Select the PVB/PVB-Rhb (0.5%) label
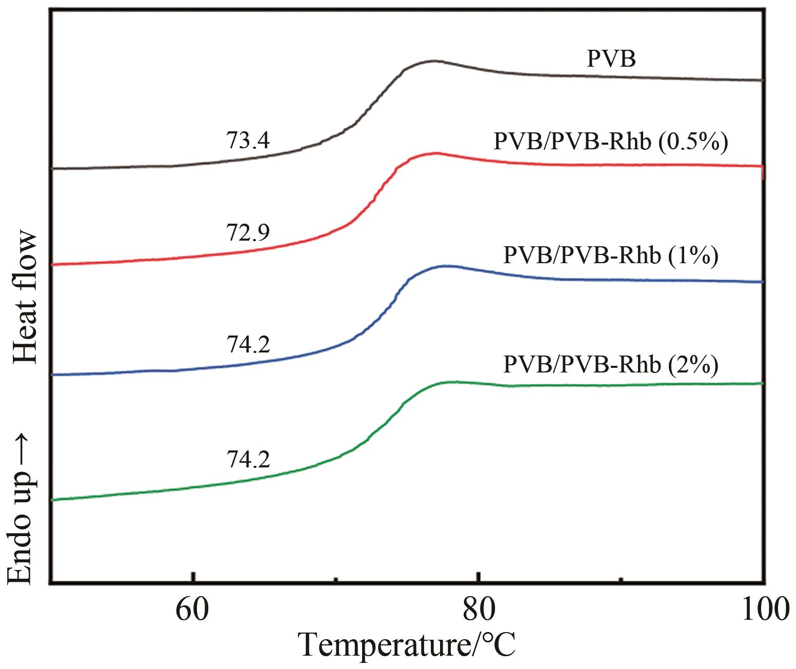point(610,142)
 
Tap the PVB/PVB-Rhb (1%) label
point(610,255)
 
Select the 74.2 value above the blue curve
point(248,345)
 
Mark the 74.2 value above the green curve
point(248,460)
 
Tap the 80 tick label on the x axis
point(478,610)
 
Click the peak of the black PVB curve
point(433,61)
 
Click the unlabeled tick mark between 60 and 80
point(336,580)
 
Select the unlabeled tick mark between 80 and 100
point(621,580)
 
